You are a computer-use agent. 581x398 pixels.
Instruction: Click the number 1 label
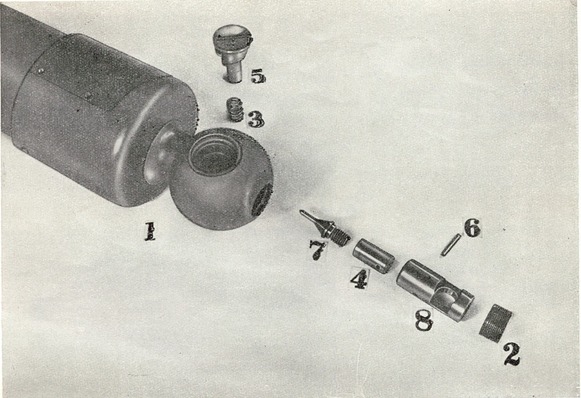point(149,232)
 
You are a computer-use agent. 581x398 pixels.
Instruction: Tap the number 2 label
point(511,354)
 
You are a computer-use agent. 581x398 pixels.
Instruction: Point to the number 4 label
point(359,278)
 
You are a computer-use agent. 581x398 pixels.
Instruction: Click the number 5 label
point(258,76)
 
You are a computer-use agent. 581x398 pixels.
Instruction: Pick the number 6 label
point(472,228)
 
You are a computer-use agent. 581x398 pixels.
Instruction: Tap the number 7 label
point(318,250)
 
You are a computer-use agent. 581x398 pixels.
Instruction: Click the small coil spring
point(234,109)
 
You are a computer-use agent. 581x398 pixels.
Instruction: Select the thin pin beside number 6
point(451,244)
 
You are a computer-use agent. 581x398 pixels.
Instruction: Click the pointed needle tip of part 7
point(303,213)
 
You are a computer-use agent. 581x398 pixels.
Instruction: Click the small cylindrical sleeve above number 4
point(373,255)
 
